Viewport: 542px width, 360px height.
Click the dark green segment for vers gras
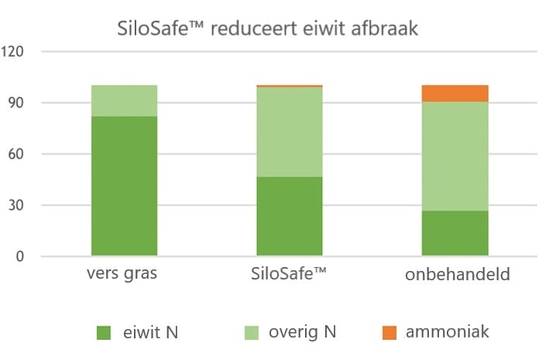[x=125, y=186]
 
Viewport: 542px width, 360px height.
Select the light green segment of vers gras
[x=125, y=101]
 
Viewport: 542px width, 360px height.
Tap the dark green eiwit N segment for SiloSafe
[x=290, y=216]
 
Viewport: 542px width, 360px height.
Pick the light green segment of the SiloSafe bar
[x=290, y=132]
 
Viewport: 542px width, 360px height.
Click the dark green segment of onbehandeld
[x=455, y=232]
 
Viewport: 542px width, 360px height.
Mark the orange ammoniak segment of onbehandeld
[x=455, y=94]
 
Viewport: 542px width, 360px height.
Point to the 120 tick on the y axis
[x=15, y=52]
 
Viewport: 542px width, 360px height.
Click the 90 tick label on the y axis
[x=18, y=103]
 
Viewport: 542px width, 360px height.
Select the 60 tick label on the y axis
[x=18, y=154]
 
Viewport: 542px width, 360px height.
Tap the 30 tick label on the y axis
[x=18, y=205]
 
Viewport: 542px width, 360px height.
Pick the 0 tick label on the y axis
[x=21, y=256]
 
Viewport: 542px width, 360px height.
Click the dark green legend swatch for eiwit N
[x=104, y=333]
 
